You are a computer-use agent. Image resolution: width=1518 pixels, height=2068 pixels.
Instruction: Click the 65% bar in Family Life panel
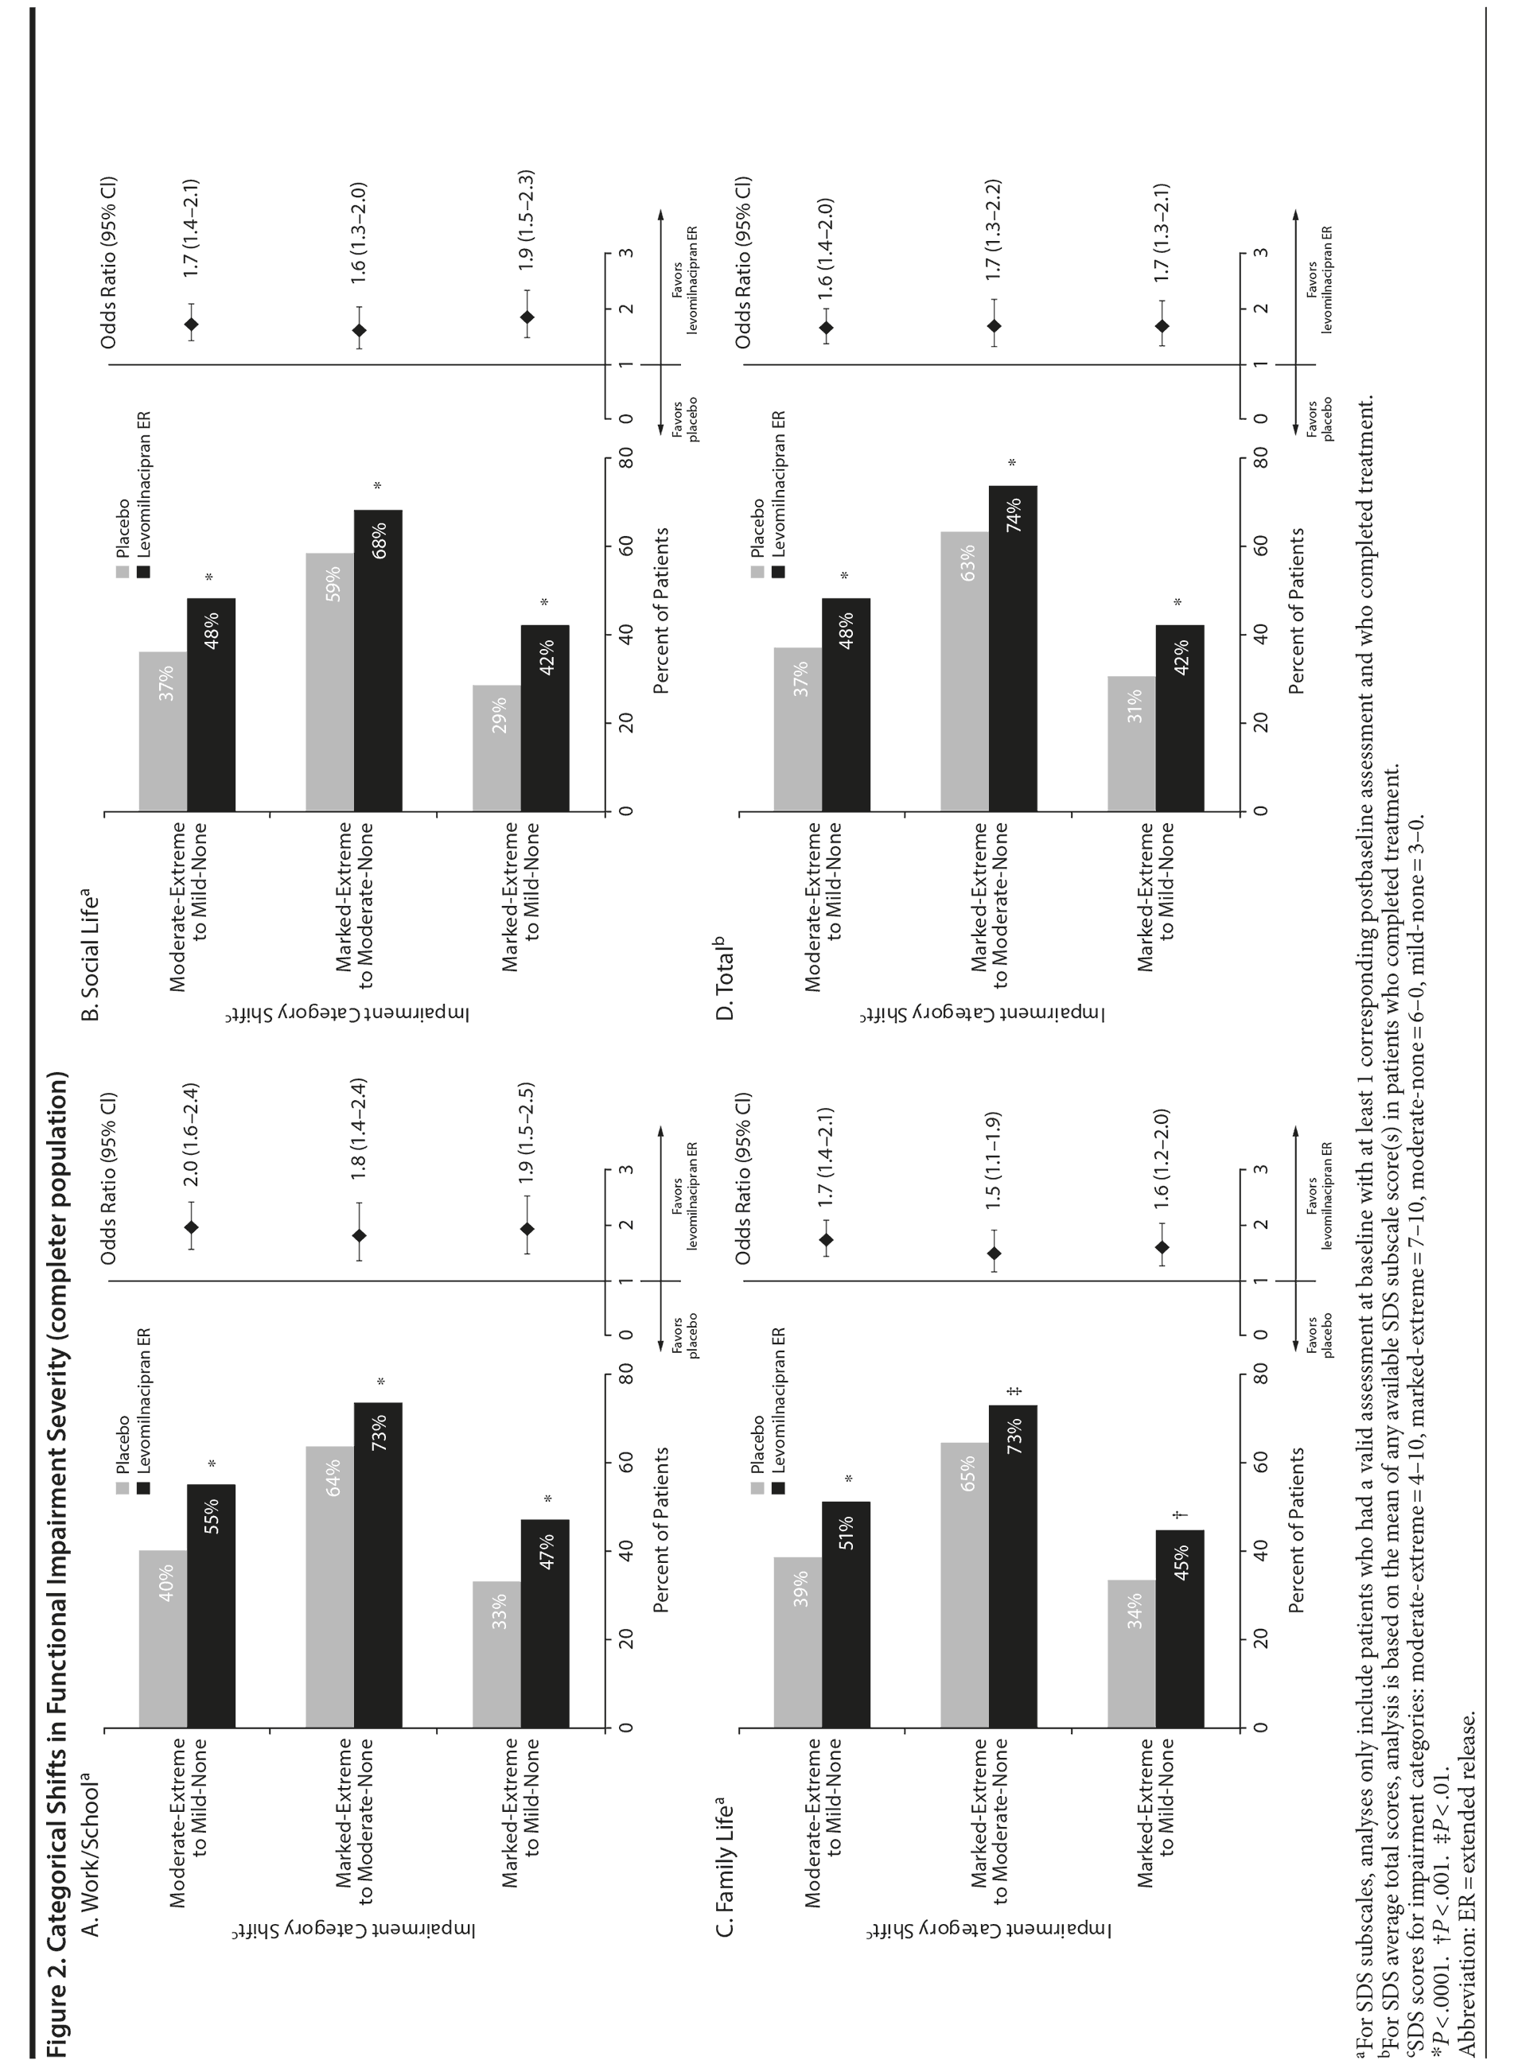pyautogui.click(x=966, y=1584)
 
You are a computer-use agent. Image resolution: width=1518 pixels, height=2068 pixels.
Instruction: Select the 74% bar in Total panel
pyautogui.click(x=1013, y=647)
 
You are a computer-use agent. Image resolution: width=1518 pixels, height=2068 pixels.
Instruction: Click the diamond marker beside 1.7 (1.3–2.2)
pyautogui.click(x=994, y=326)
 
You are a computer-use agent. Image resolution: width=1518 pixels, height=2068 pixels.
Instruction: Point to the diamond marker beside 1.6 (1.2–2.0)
pyautogui.click(x=1162, y=1246)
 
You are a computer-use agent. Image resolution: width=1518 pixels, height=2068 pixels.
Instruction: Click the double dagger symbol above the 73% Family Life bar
pyautogui.click(x=1014, y=1391)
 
